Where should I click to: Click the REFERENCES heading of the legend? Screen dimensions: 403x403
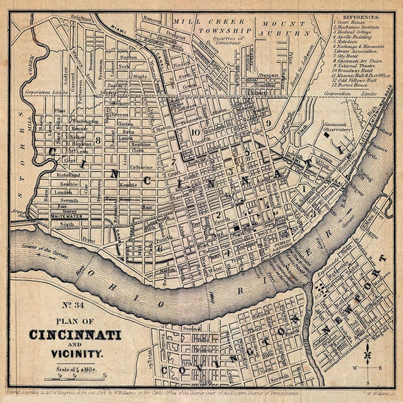[361, 16]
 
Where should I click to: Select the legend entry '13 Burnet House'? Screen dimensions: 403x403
[351, 86]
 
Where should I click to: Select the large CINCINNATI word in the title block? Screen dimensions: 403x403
[75, 335]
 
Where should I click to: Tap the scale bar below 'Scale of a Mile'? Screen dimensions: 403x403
[76, 378]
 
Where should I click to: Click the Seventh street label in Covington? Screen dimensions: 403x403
[278, 377]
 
